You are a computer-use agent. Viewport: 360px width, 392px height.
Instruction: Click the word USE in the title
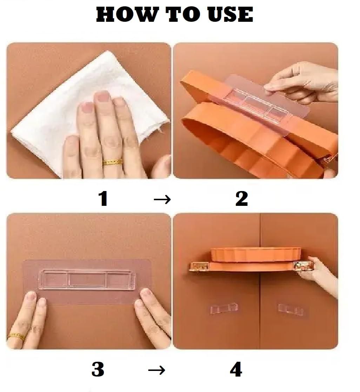pyautogui.click(x=230, y=14)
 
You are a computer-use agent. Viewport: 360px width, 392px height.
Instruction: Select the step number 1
pyautogui.click(x=103, y=198)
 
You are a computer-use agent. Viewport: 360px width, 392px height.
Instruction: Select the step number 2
pyautogui.click(x=242, y=198)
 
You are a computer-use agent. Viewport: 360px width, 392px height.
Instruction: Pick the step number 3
pyautogui.click(x=98, y=369)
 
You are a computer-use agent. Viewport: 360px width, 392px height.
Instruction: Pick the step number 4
pyautogui.click(x=236, y=369)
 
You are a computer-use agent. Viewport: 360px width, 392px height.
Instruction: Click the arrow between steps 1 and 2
pyautogui.click(x=162, y=199)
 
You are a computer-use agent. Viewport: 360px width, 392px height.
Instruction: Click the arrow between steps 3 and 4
pyautogui.click(x=156, y=370)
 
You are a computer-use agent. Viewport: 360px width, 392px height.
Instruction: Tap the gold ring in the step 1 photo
pyautogui.click(x=113, y=162)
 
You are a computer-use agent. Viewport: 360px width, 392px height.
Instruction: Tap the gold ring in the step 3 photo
pyautogui.click(x=17, y=337)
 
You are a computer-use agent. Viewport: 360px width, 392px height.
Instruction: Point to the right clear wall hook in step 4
pyautogui.click(x=291, y=309)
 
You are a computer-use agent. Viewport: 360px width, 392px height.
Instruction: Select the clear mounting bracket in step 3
pyautogui.click(x=87, y=280)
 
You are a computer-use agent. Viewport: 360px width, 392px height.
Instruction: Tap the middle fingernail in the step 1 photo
pyautogui.click(x=102, y=96)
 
